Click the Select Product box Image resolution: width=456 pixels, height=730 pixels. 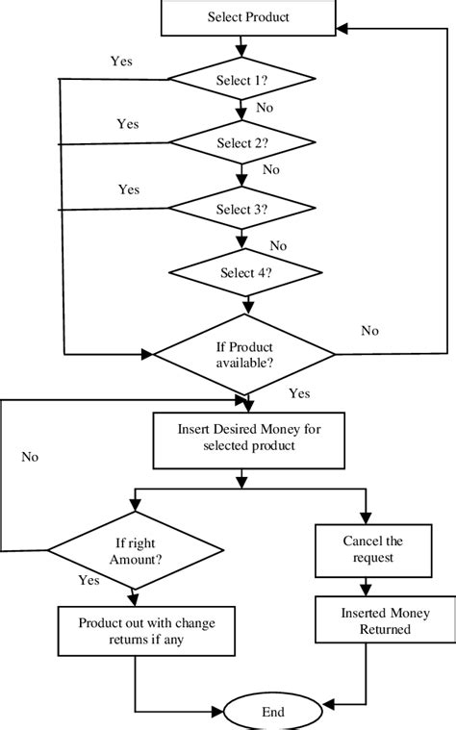point(248,17)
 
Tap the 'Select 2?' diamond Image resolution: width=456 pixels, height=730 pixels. point(242,143)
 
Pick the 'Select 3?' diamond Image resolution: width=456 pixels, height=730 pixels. point(242,207)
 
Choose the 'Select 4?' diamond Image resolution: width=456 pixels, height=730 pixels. point(242,272)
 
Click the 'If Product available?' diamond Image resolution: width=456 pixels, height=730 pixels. point(244,354)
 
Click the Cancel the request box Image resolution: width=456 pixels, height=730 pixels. point(365,549)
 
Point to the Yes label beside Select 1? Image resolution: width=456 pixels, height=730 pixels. point(121,61)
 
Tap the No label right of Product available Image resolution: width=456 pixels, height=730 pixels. point(369,331)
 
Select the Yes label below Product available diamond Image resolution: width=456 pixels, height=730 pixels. point(299,393)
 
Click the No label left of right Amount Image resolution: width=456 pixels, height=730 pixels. point(31,457)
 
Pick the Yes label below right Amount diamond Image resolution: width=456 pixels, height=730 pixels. point(89,581)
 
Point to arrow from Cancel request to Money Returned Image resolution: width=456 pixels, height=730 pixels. point(365,587)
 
